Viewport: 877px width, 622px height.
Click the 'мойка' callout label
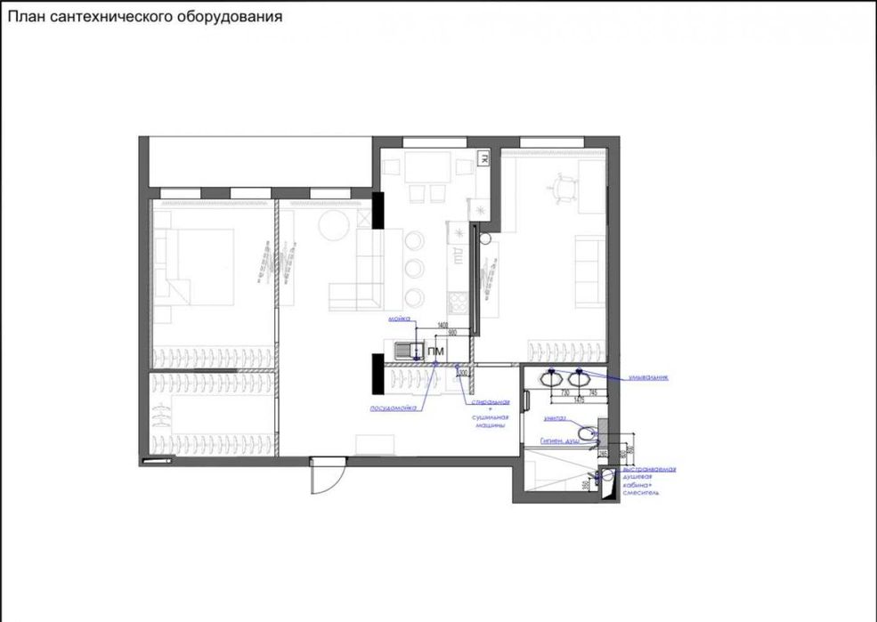click(398, 318)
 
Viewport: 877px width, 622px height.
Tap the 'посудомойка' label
click(393, 408)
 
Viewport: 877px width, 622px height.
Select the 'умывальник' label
click(646, 377)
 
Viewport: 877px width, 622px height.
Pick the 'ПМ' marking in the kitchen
click(435, 352)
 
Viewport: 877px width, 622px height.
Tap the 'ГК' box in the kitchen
click(483, 158)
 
